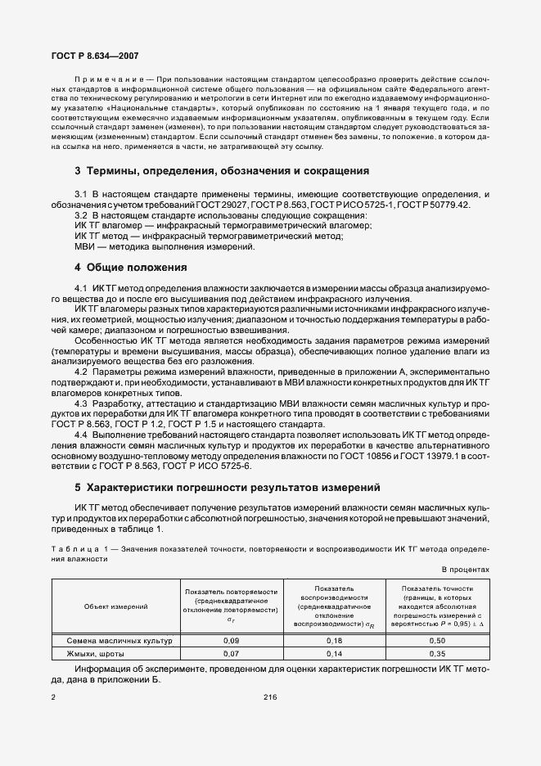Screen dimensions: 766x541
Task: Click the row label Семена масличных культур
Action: [x=115, y=641]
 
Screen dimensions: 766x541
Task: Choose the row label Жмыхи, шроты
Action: [x=84, y=655]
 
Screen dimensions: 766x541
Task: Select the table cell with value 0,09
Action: [x=232, y=641]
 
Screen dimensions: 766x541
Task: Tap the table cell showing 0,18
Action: [x=334, y=641]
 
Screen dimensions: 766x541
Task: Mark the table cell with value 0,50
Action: [x=437, y=641]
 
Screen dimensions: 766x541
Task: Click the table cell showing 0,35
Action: [x=437, y=655]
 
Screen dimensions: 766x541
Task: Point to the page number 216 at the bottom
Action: [x=270, y=696]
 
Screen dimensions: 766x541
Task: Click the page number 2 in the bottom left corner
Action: [x=53, y=696]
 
